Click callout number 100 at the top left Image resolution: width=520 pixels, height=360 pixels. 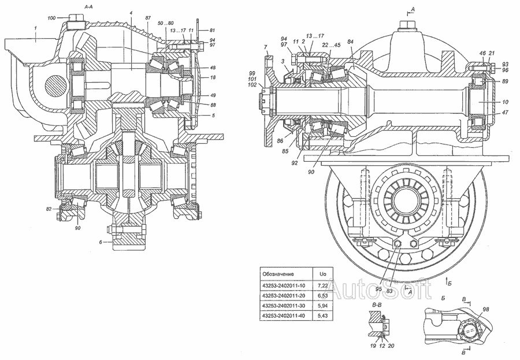[51, 19]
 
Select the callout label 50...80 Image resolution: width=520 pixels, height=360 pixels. [165, 23]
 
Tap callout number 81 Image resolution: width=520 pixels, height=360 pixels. [212, 30]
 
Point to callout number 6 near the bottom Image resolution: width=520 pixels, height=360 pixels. [100, 242]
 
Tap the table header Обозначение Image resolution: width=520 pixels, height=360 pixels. [278, 273]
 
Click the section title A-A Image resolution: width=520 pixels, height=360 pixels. [89, 5]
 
